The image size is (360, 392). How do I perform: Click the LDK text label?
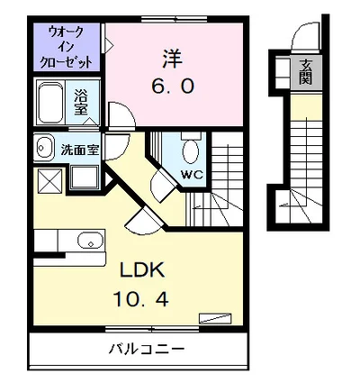click(x=131, y=269)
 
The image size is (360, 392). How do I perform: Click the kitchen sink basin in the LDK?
click(x=88, y=241)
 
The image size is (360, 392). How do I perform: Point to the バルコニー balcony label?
click(x=148, y=348)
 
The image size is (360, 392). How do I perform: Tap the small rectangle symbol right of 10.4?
click(x=214, y=316)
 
